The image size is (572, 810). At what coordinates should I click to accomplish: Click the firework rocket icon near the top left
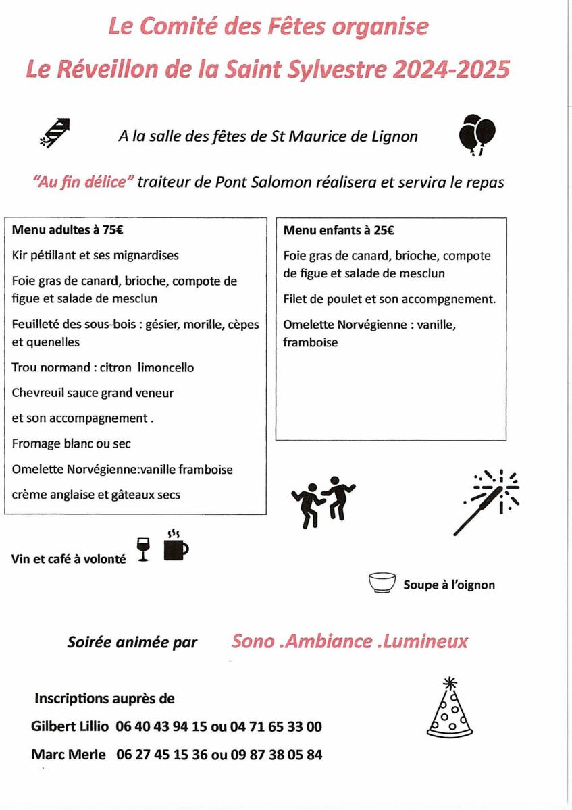56,132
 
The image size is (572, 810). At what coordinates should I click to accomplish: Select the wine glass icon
142,549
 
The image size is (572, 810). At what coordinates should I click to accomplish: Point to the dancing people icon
323,500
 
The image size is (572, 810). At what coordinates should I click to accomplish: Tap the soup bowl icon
382,583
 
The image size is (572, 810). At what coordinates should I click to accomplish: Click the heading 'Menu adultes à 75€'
68,230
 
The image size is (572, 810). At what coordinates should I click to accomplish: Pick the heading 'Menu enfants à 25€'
339,230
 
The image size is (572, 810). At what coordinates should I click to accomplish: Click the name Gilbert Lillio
70,727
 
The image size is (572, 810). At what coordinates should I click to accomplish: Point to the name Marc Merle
68,755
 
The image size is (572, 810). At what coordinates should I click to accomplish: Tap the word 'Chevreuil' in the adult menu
36,393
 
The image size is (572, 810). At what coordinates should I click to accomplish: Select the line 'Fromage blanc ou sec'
71,443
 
